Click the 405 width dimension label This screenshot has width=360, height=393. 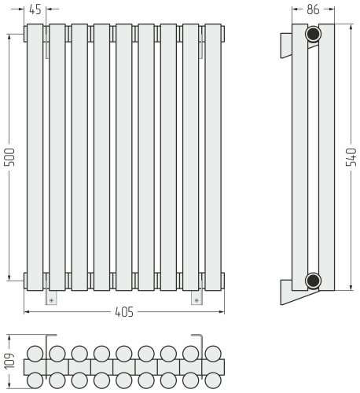(x=124, y=312)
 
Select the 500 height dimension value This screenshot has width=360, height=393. (x=9, y=157)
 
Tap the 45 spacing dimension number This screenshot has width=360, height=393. (x=35, y=9)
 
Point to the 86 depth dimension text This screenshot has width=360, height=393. (x=313, y=9)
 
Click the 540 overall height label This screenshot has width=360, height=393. (x=351, y=157)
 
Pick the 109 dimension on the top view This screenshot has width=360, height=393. (x=9, y=361)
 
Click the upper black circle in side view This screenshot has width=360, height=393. (x=313, y=34)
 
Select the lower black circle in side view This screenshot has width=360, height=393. (x=313, y=281)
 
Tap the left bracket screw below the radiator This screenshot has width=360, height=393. (x=51, y=300)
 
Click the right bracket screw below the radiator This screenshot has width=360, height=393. (x=197, y=300)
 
